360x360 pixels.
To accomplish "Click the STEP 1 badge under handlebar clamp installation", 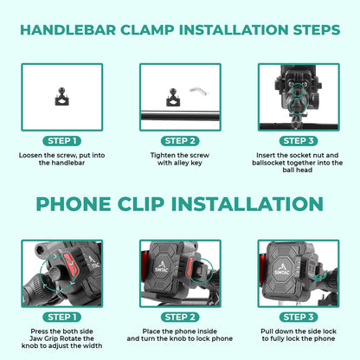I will tap(61, 140).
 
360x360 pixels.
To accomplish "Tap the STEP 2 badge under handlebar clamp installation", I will tap(180, 140).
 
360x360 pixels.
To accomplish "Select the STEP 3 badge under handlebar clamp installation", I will tap(299, 140).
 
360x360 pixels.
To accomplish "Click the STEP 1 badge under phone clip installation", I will tap(61, 317).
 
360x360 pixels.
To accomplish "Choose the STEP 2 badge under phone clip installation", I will tap(180, 317).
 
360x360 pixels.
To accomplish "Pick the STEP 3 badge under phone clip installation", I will tap(299, 317).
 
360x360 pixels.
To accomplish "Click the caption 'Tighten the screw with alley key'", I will tap(180, 160).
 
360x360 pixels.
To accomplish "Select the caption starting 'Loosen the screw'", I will tap(61, 160).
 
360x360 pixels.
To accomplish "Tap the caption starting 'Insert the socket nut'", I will tap(299, 164).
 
